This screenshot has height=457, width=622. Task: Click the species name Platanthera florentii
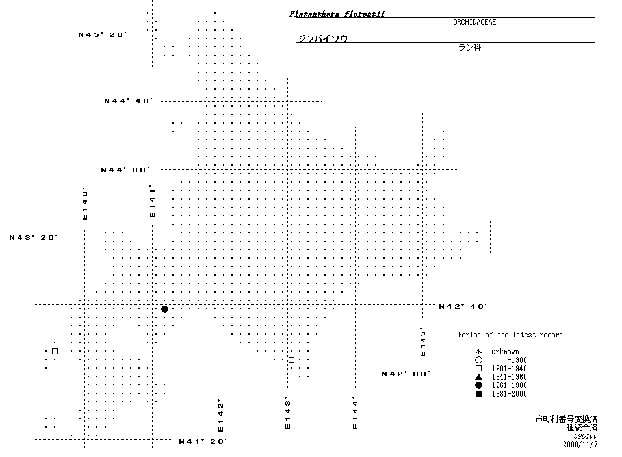(x=337, y=14)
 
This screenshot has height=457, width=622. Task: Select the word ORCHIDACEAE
(x=474, y=22)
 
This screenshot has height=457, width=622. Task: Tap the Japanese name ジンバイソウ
(x=322, y=38)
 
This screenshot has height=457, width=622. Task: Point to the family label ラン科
(x=470, y=47)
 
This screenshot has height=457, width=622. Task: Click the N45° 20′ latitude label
(x=102, y=34)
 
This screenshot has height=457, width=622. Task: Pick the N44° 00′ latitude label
(x=125, y=170)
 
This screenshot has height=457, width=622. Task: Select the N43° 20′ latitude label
(x=34, y=237)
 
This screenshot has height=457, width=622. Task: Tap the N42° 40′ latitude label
(x=463, y=306)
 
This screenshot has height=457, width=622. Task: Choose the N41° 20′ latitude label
(x=203, y=441)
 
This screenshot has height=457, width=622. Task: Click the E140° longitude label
(x=84, y=203)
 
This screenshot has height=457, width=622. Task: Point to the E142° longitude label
(x=220, y=415)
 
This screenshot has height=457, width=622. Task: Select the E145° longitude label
(x=423, y=341)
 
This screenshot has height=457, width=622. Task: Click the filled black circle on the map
(x=164, y=309)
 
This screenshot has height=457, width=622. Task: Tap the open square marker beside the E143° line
(x=292, y=359)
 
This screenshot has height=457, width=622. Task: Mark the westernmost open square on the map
(x=55, y=352)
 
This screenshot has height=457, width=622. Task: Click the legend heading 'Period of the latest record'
(x=510, y=335)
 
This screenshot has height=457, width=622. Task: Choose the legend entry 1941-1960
(x=510, y=377)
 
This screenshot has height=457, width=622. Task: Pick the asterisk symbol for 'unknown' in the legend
(x=478, y=352)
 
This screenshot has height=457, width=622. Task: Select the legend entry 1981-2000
(x=510, y=394)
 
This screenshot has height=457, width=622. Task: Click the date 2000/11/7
(x=580, y=444)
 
